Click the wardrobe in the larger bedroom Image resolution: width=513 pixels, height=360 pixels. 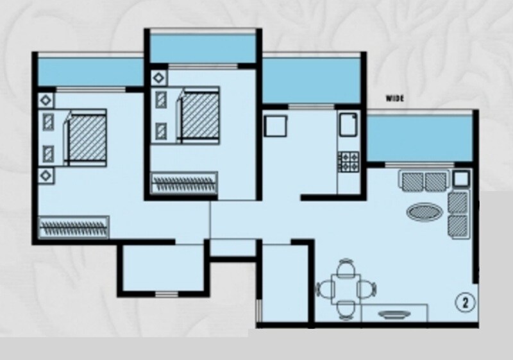tap(74, 227)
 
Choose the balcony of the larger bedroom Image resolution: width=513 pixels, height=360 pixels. tap(90, 71)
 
